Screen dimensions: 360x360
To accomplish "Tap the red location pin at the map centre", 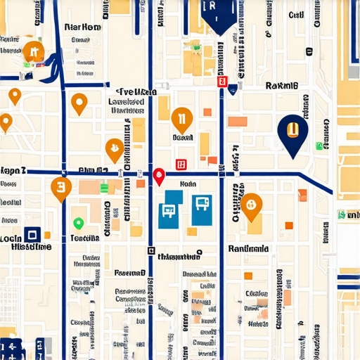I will point(159,176).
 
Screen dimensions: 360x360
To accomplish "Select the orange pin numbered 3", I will point(61,188).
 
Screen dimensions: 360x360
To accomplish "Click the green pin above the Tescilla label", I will point(78,224).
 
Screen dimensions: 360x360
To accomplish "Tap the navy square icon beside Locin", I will point(30,235).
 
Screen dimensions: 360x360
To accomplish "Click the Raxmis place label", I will point(282,86).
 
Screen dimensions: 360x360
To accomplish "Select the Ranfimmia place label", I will point(248,248).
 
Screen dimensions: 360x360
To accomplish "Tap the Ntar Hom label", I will point(82,27).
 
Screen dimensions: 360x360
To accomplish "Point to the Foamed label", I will point(129,272).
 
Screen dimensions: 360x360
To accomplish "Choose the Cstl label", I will point(295,14).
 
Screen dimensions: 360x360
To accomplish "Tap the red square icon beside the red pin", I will point(181,164).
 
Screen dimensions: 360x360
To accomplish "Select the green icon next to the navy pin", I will point(319,146).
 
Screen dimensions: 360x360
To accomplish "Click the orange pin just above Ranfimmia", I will point(252,204).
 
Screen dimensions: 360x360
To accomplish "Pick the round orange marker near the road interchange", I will point(32,51).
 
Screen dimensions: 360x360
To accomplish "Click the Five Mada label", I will point(135,92).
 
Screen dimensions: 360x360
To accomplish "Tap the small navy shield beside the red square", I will point(233,88).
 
